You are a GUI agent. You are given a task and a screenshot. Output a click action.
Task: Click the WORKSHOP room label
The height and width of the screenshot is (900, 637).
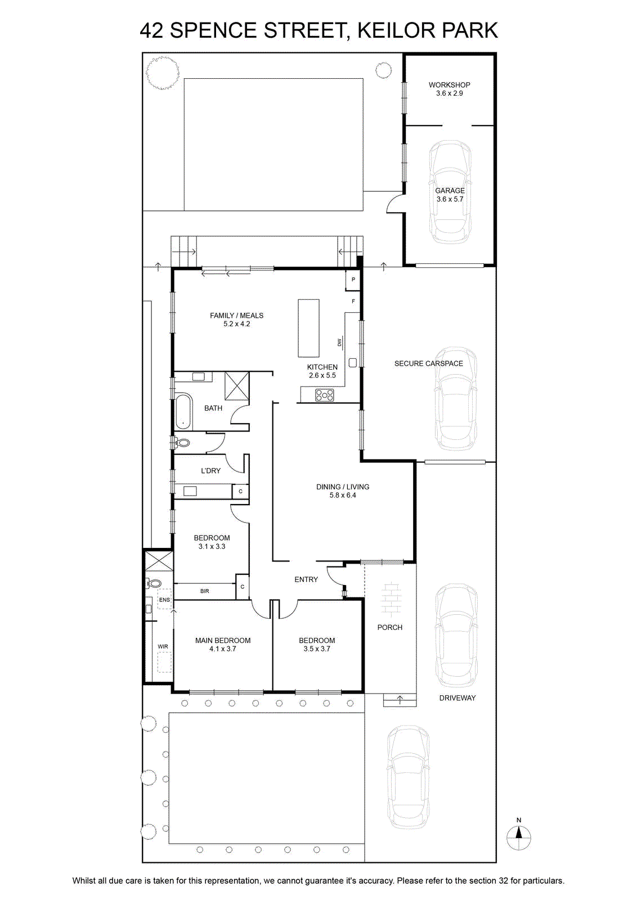click(x=449, y=85)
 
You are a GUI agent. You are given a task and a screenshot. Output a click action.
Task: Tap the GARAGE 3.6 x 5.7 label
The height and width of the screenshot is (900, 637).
click(x=450, y=195)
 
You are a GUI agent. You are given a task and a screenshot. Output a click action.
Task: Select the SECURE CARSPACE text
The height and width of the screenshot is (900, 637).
click(x=428, y=363)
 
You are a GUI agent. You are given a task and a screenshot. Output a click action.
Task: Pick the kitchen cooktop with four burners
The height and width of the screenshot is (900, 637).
click(x=324, y=395)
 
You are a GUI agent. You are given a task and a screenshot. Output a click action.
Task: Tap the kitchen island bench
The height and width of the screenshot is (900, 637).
click(x=309, y=328)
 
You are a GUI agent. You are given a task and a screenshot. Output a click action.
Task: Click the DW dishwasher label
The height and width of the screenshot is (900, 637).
click(x=339, y=343)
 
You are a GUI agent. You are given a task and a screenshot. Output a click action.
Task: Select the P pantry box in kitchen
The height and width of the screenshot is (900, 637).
click(x=353, y=280)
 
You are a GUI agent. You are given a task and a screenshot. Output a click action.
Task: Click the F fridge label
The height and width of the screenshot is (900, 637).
click(x=353, y=301)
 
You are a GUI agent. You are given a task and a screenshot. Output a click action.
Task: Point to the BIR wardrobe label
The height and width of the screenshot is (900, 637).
click(x=205, y=591)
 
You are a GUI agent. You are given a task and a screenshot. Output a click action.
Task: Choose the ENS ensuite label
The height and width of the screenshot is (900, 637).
click(x=165, y=600)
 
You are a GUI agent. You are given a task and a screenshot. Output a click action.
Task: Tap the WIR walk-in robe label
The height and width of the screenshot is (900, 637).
click(x=163, y=646)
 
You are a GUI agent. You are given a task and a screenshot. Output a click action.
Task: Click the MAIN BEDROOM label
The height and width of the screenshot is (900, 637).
click(x=223, y=641)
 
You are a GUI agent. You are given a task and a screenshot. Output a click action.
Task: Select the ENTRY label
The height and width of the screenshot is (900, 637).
click(x=306, y=579)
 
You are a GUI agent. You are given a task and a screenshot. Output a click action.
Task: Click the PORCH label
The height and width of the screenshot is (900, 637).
click(x=390, y=627)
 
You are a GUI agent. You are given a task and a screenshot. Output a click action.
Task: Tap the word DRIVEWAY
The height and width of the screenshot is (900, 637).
click(x=457, y=698)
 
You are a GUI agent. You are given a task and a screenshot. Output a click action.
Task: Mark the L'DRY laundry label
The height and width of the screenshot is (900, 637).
click(x=211, y=470)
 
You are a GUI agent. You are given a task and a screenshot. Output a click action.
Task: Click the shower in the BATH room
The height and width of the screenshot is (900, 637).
click(x=237, y=386)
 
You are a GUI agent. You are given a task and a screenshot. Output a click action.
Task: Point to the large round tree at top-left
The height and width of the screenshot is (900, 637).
click(x=162, y=73)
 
